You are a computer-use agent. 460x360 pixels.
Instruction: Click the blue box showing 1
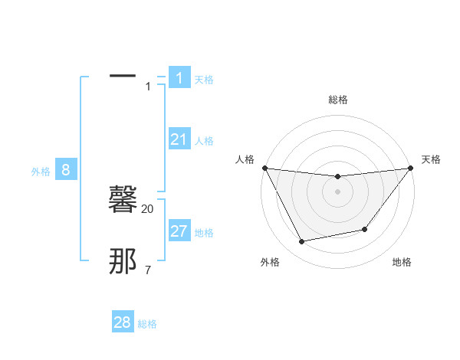click(x=179, y=78)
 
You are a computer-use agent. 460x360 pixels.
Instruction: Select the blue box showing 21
click(x=179, y=139)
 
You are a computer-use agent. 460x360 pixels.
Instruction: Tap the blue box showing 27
click(x=179, y=231)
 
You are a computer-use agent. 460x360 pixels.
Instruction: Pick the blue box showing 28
click(x=123, y=322)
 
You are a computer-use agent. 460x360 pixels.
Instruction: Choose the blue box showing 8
click(x=66, y=170)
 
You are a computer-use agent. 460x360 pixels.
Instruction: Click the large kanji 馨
click(x=123, y=201)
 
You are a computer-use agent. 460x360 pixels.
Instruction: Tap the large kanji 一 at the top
click(x=123, y=77)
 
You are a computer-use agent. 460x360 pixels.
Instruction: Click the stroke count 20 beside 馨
click(x=148, y=208)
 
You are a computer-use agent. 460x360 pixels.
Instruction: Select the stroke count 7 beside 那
click(x=148, y=270)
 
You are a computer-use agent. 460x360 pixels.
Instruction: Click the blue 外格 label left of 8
click(x=41, y=172)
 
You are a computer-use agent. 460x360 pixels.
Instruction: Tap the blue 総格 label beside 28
click(x=147, y=324)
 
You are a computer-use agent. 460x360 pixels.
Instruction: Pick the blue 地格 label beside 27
click(x=204, y=233)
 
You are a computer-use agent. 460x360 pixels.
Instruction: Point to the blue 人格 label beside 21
click(x=204, y=141)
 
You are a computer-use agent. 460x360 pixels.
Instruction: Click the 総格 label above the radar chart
click(x=337, y=100)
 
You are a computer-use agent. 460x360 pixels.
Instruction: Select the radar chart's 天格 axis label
click(x=431, y=159)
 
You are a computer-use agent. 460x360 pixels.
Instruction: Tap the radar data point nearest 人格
click(x=264, y=168)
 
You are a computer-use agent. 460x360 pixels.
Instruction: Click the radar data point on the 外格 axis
click(x=301, y=241)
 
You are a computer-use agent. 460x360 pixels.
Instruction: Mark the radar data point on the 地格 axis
click(x=365, y=229)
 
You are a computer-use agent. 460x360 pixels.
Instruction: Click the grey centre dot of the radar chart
click(x=337, y=191)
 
